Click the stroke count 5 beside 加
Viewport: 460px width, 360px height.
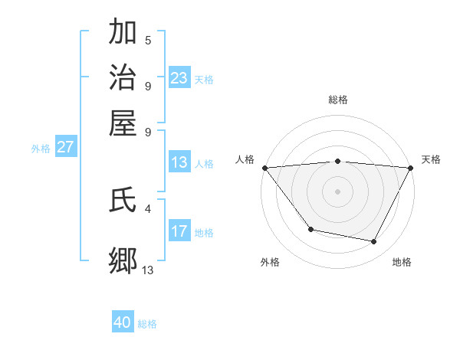[x=148, y=40]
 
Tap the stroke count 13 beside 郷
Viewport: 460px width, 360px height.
[x=148, y=269]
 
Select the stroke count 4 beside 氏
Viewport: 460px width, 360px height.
[x=148, y=208]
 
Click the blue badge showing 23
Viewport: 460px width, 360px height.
[x=179, y=78]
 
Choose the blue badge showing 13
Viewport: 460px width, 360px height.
[x=179, y=162]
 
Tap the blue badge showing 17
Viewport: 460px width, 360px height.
[x=179, y=231]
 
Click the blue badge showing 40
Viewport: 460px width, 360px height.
[x=123, y=322]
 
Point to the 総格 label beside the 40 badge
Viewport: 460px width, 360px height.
[x=147, y=324]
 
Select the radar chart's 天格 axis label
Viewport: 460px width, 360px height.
[x=431, y=159]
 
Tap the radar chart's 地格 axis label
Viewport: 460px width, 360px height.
[x=402, y=263]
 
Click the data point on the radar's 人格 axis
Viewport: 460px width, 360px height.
[x=264, y=168]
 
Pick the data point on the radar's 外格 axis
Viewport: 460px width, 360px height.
[x=310, y=229]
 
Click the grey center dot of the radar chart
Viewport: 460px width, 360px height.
[x=337, y=191]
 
